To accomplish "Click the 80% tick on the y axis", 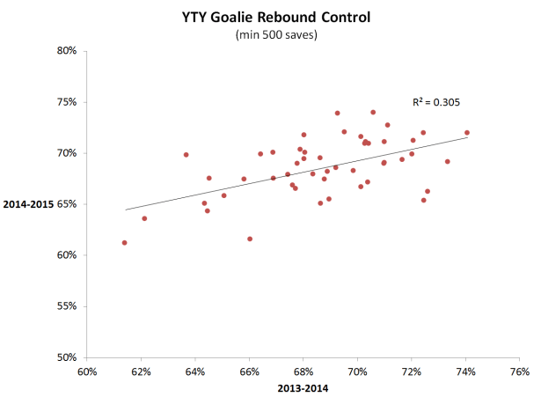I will click(x=68, y=51).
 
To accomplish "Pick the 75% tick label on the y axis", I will click(x=68, y=102).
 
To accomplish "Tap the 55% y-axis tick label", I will click(x=68, y=306).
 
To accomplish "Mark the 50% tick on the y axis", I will click(x=68, y=357).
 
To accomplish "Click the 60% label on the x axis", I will click(x=87, y=371).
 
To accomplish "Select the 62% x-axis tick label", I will click(x=142, y=371).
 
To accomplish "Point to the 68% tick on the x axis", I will click(x=303, y=371).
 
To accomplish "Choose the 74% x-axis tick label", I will click(x=466, y=371).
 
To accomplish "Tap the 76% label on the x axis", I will click(x=520, y=371).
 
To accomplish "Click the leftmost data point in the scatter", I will click(x=124, y=243).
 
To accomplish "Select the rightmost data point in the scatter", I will click(x=467, y=133).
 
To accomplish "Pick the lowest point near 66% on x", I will click(x=250, y=239).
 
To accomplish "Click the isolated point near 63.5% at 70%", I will click(x=186, y=155).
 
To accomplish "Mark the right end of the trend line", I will click(x=468, y=137).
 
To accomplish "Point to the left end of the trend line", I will click(x=125, y=210).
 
